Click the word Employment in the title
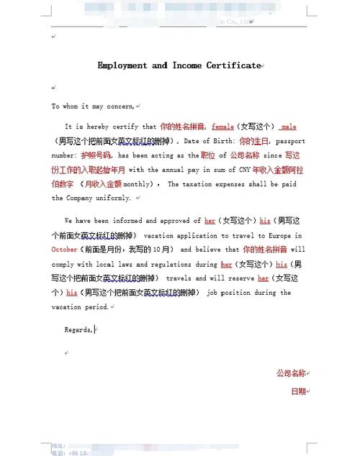pos(122,65)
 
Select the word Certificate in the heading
pos(233,65)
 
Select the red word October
pos(65,250)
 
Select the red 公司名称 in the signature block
pos(290,373)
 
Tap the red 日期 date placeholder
pos(297,391)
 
